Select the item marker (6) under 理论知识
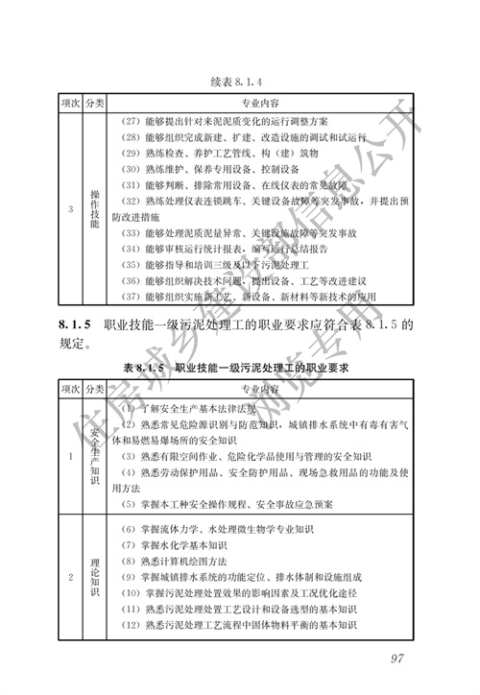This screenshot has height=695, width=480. tap(131, 529)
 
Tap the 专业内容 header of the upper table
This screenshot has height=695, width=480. tap(260, 102)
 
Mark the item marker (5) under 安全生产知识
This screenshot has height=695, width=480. tap(131, 503)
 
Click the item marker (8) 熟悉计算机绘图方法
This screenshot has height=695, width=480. tap(131, 561)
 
